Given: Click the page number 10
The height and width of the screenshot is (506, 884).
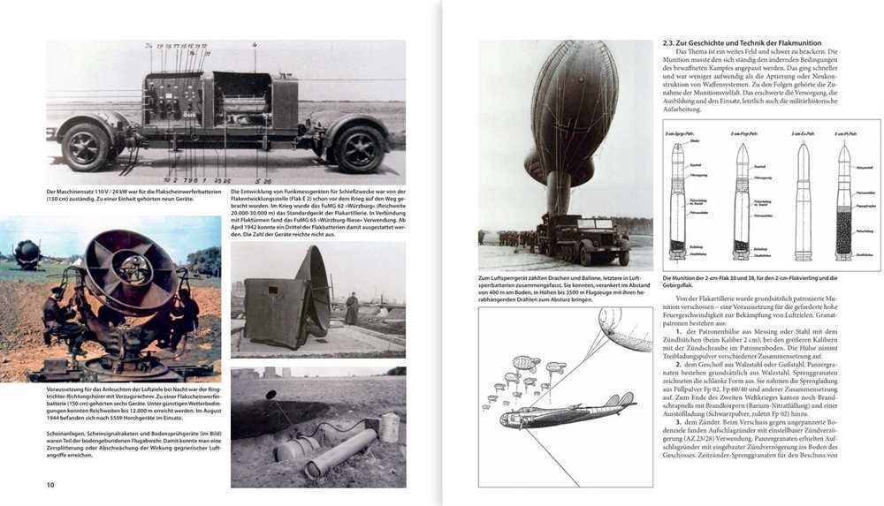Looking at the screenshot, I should pos(50,486).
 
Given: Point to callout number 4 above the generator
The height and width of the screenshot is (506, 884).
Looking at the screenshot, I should pos(255,44).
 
